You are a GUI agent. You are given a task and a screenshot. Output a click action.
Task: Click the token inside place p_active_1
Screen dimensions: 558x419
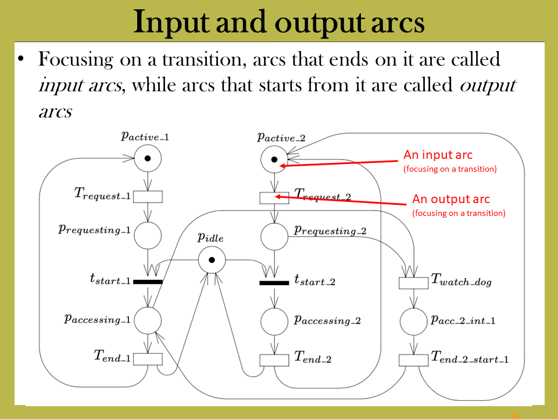pos(148,158)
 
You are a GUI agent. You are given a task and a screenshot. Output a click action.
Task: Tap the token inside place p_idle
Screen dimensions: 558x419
pos(212,260)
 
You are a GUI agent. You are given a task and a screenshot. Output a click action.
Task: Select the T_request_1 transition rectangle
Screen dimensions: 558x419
pos(148,197)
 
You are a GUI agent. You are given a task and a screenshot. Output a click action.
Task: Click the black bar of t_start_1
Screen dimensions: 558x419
pos(148,282)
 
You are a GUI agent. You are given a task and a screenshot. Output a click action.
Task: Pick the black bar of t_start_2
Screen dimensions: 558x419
pos(274,283)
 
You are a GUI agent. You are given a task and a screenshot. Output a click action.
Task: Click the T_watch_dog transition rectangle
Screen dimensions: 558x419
pos(413,283)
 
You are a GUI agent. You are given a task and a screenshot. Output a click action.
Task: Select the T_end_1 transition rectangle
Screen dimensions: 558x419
pos(148,359)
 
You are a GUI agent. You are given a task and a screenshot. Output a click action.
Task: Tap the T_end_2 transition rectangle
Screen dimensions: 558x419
pos(274,360)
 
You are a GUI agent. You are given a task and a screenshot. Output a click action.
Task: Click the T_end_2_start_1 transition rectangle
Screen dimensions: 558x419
pos(413,360)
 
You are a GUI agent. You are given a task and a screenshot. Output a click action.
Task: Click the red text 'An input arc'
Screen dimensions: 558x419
pos(438,155)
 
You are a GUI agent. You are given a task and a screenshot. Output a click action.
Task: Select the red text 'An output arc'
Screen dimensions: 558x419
pos(451,199)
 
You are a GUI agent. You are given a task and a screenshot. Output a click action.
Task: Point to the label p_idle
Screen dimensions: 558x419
pos(210,238)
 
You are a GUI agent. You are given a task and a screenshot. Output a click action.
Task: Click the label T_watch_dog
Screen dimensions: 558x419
pos(461,280)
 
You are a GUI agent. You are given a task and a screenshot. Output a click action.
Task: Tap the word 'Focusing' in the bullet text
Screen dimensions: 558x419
pos(76,60)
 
